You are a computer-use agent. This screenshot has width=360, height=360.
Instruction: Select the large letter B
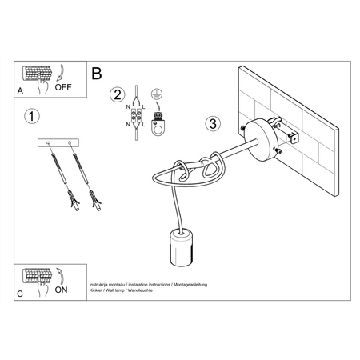coord(97,74)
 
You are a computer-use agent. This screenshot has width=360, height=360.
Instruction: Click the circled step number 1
coord(30,118)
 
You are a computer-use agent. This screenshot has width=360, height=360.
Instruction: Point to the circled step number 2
coord(118,95)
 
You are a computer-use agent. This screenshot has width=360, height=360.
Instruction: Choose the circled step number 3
coord(212,124)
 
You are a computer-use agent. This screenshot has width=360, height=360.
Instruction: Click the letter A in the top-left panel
coord(19,90)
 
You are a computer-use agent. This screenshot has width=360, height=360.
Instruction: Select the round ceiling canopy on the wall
coord(260,136)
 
